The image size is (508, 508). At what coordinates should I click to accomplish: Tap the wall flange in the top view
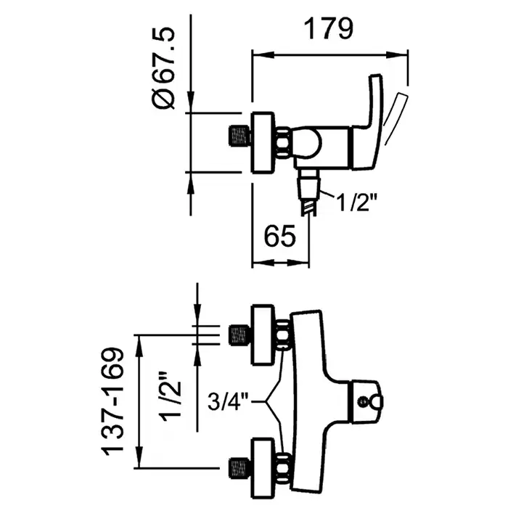coord(263,142)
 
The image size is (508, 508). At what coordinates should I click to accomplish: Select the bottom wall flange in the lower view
coord(263,465)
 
